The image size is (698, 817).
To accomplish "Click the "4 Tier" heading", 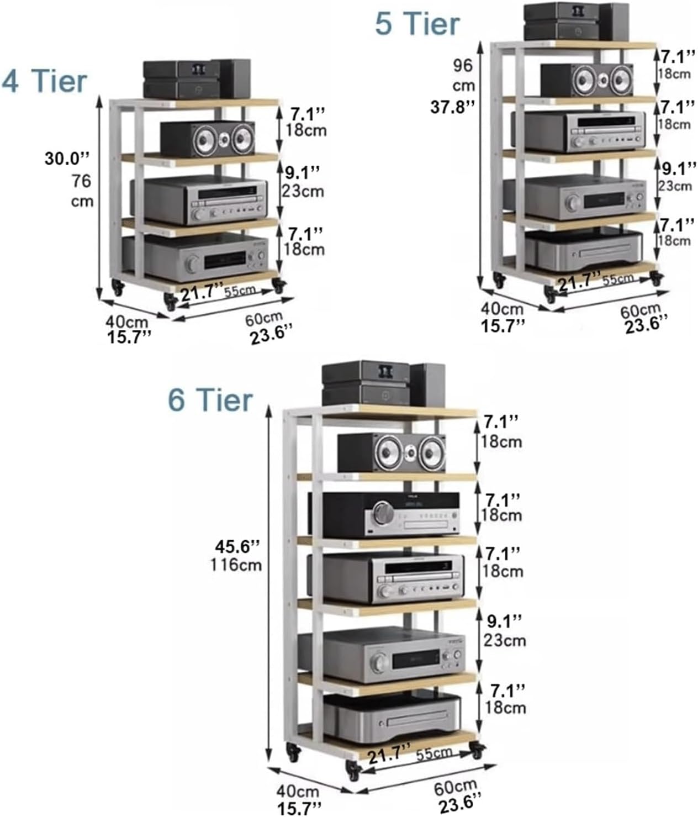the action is tap(44, 81).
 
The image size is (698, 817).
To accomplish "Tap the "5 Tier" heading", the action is tap(417, 24).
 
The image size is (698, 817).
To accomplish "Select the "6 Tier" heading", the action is tap(210, 400).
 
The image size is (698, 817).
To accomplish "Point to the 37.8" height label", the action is tap(453, 107).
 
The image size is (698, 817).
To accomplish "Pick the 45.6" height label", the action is tap(237, 547).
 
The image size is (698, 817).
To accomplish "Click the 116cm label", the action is tap(236, 565).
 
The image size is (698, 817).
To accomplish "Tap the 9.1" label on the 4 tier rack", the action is tap(303, 172).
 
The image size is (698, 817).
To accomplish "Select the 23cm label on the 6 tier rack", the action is tap(505, 641).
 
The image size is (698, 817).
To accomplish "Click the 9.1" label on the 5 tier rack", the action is tap(679, 169).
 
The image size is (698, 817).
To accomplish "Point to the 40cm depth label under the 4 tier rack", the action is tap(126, 321).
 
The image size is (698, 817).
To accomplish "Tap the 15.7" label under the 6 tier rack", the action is tap(299, 808).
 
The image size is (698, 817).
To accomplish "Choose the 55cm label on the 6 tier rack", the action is tap(435, 754).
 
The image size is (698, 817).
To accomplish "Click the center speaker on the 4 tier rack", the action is tap(208, 139).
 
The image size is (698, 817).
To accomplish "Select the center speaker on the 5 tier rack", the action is tap(587, 80).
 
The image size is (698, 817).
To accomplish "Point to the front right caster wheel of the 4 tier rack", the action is tap(278, 286).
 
